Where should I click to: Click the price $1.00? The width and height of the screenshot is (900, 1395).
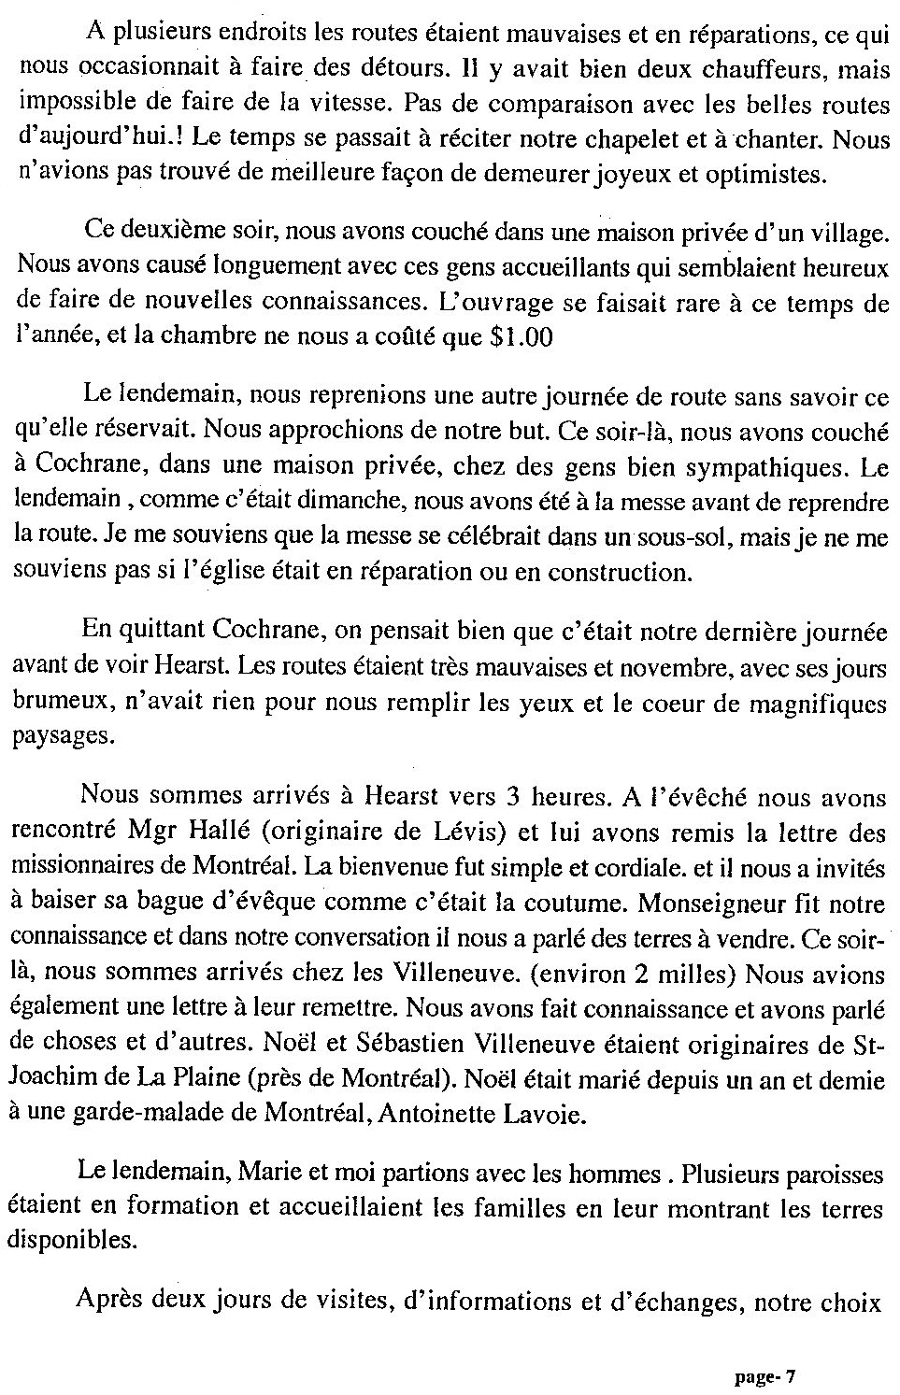point(521,337)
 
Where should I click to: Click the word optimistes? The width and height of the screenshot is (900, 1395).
point(766,175)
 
